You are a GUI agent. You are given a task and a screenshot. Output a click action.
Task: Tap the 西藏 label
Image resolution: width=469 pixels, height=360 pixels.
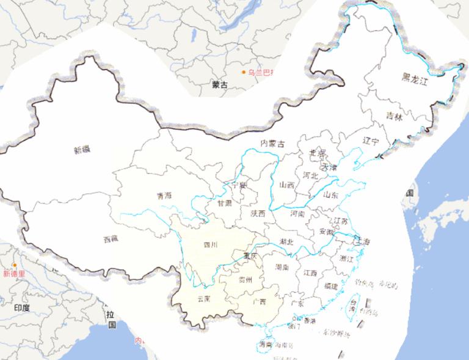(x=111, y=240)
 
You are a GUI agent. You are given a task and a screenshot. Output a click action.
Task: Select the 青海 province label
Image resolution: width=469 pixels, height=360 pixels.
(x=164, y=196)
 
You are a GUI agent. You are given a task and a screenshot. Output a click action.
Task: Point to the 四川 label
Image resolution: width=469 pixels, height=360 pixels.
(x=211, y=246)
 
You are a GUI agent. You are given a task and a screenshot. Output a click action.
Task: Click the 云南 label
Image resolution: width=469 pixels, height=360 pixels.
(x=204, y=299)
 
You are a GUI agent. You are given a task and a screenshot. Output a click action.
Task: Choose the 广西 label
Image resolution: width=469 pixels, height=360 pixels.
(x=259, y=301)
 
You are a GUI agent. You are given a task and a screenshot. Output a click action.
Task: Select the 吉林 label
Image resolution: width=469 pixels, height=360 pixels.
(x=394, y=116)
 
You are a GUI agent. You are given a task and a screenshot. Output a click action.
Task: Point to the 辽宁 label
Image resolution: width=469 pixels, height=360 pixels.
(x=371, y=141)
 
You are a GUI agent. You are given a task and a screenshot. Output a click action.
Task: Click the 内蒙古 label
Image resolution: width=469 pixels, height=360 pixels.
(x=272, y=144)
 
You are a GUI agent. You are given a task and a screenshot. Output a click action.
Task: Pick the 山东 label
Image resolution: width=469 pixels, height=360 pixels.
(x=330, y=195)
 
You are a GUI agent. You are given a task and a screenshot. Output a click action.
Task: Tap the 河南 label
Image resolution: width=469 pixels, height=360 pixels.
(x=297, y=215)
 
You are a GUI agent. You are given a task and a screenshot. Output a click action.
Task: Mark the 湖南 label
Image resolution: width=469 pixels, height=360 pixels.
(x=282, y=267)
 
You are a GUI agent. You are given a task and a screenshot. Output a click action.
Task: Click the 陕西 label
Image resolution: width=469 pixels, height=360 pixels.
(x=258, y=213)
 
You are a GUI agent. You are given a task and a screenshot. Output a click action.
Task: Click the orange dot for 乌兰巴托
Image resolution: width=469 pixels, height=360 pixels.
(x=243, y=72)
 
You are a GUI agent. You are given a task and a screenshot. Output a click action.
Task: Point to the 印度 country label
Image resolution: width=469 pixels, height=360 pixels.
(x=21, y=307)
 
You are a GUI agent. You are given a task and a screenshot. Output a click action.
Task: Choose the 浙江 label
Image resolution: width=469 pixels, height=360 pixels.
(x=346, y=259)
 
